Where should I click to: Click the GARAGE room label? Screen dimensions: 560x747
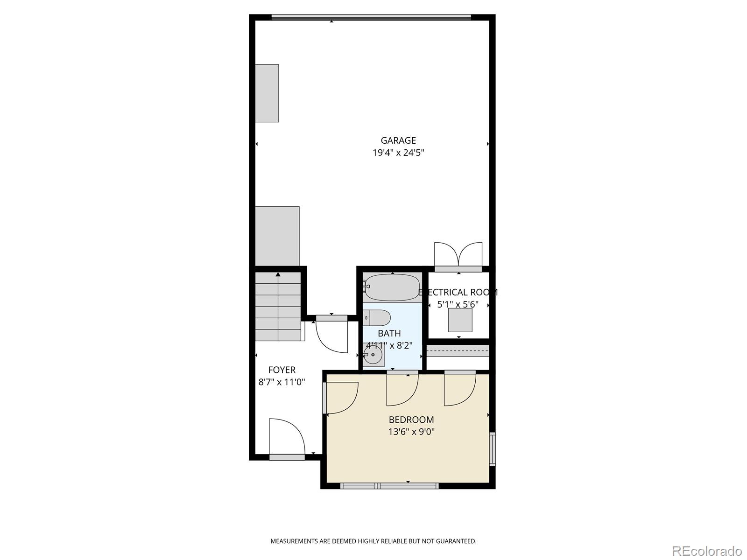[x=398, y=140]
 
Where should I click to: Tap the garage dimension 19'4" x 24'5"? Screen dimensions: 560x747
[x=398, y=153]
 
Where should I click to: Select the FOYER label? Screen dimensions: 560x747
[x=282, y=370]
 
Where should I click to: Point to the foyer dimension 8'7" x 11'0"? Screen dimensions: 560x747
[x=282, y=382]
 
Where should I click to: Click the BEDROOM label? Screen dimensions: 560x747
[x=411, y=420]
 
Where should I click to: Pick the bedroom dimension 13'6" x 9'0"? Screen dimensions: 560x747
[x=411, y=432]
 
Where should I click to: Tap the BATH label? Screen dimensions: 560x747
[x=389, y=333]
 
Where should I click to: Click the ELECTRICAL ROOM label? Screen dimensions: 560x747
[x=458, y=293]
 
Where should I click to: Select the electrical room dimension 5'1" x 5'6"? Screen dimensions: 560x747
[x=458, y=304]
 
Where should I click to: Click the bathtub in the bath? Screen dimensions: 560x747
[x=392, y=287]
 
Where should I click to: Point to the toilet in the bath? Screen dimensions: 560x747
[x=377, y=318]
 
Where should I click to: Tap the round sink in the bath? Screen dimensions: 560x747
[x=373, y=355]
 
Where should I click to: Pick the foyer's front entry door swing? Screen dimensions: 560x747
[x=286, y=437]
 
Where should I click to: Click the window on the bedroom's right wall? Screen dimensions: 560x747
[x=492, y=449]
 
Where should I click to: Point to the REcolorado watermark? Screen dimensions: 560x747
[x=706, y=551]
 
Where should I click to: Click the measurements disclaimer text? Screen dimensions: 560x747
[x=373, y=541]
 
